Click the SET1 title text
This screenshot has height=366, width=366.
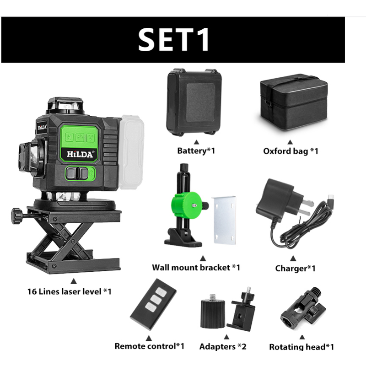[x=174, y=39]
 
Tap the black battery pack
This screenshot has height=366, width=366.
[x=194, y=102]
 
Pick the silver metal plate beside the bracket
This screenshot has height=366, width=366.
[x=224, y=220]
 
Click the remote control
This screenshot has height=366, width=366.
[x=153, y=304]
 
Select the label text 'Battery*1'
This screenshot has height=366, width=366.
[x=196, y=151]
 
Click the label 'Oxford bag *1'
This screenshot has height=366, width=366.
[x=291, y=151]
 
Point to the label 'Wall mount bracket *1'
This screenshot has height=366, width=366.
[x=196, y=268]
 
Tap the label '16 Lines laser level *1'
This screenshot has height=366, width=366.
[x=70, y=291]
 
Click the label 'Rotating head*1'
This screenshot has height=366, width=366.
[x=301, y=347]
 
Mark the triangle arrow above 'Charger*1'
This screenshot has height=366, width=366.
[x=293, y=258]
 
